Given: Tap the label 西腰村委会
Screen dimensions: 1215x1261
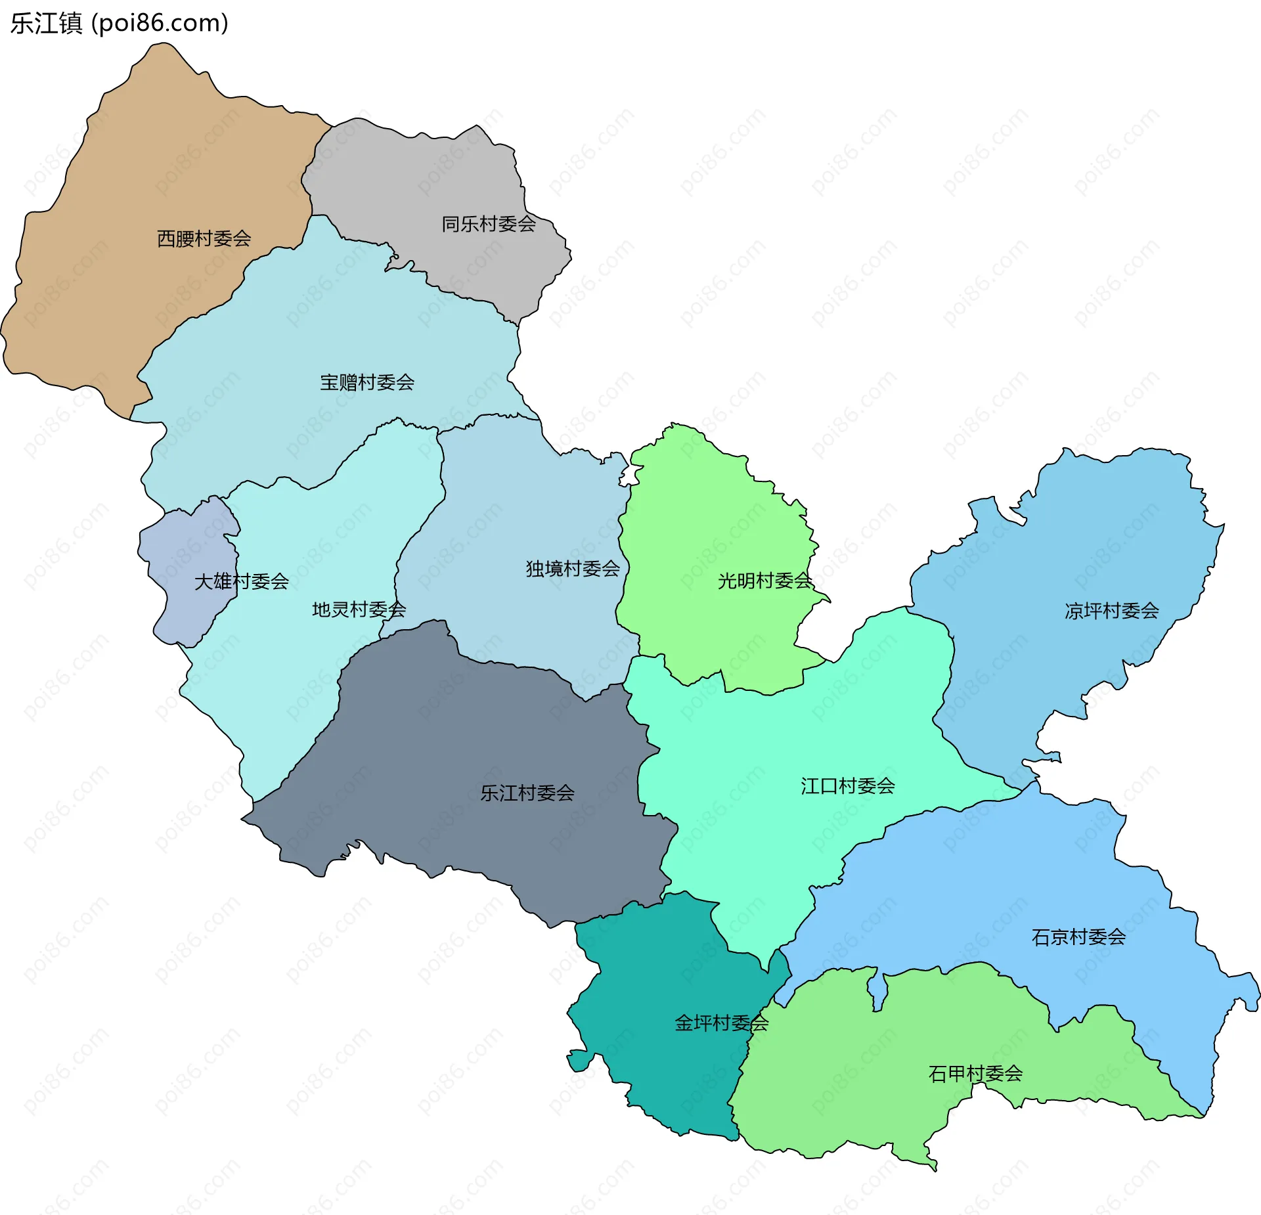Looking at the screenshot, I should coord(204,238).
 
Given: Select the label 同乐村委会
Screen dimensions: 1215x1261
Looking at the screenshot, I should coord(489,224).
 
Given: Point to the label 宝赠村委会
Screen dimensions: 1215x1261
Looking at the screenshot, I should coord(367,382).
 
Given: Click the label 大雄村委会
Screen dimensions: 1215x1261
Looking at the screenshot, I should coord(242,581).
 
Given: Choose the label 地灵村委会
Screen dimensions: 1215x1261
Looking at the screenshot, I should coord(359,609).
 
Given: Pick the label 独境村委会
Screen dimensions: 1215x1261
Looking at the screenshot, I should coord(573,568).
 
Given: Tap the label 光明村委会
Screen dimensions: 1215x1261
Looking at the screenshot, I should coord(765,581).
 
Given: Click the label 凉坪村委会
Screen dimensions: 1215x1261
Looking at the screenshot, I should coord(1111,611).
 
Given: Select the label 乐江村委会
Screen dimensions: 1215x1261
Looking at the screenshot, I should coord(527,793).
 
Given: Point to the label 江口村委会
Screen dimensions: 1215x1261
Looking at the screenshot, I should coord(847,785).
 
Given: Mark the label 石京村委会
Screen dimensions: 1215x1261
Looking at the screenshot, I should coord(1078,937).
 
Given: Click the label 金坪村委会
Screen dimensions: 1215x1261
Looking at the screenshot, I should coord(721,1023).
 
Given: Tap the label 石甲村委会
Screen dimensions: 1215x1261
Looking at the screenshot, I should coord(975,1073).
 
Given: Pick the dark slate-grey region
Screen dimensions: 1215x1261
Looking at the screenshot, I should coord(460,736).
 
